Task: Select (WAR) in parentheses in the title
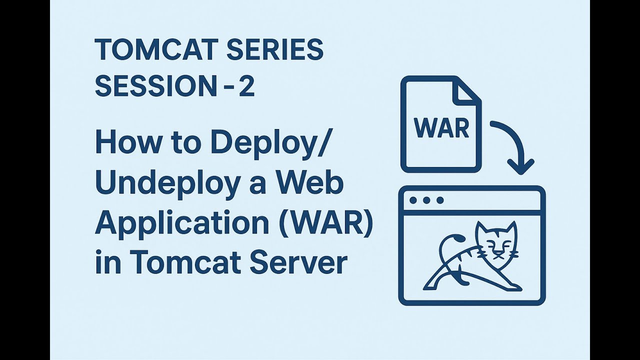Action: point(327,223)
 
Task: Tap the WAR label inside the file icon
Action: point(441,128)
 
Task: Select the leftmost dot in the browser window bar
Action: point(413,200)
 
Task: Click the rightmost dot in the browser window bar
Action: point(440,200)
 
